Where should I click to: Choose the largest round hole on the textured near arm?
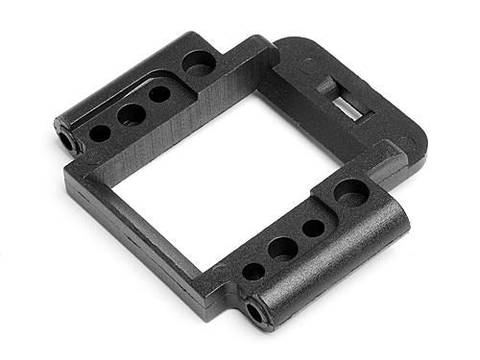pyautogui.click(x=351, y=192)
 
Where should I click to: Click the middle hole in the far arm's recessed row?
pyautogui.click(x=132, y=114)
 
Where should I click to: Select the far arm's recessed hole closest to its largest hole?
pyautogui.click(x=160, y=95)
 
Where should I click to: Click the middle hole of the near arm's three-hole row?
pyautogui.click(x=282, y=249)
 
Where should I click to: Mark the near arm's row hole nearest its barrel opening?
pyautogui.click(x=253, y=272)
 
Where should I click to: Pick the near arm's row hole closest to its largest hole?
pyautogui.click(x=313, y=228)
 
